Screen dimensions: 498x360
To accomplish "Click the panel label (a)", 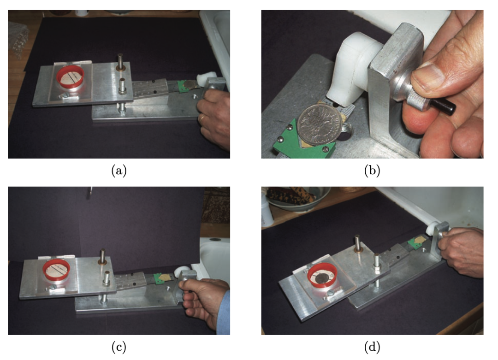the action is (119, 171).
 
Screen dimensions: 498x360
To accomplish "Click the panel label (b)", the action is (372, 171).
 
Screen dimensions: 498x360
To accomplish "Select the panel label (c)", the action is (119, 347).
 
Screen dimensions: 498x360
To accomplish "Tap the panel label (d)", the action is (372, 347).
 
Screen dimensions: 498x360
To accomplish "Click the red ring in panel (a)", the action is (70, 77).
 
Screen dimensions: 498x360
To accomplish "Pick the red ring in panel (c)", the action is (57, 270).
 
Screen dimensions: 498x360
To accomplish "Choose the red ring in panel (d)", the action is (323, 276).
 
